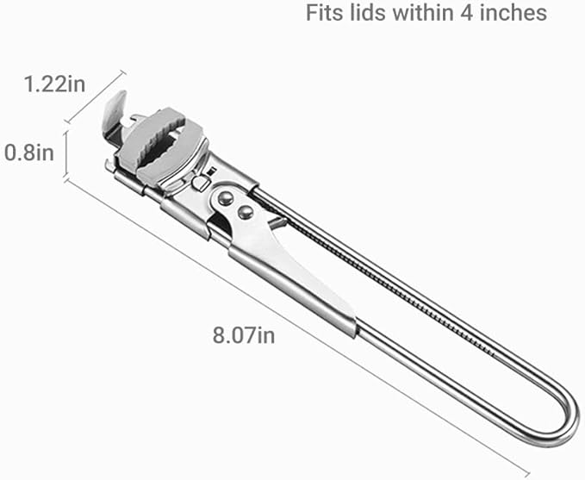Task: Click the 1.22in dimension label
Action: coord(55,84)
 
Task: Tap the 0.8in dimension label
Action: coord(29,153)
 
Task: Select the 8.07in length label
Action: coord(244,335)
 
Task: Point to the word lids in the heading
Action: coord(368,13)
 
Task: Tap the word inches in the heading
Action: coord(513,13)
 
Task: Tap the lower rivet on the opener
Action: coord(246,213)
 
